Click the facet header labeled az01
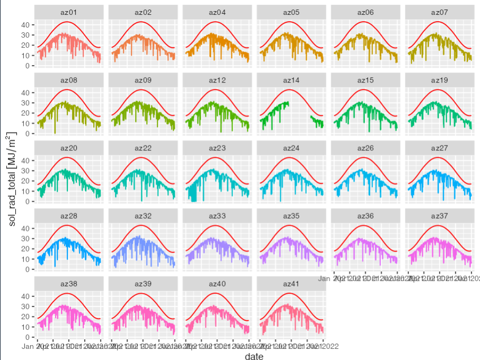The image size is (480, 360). pos(68,12)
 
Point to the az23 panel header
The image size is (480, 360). pos(217,148)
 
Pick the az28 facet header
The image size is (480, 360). pos(68,216)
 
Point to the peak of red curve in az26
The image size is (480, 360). pos(363,158)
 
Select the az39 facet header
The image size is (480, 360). pos(143,284)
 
